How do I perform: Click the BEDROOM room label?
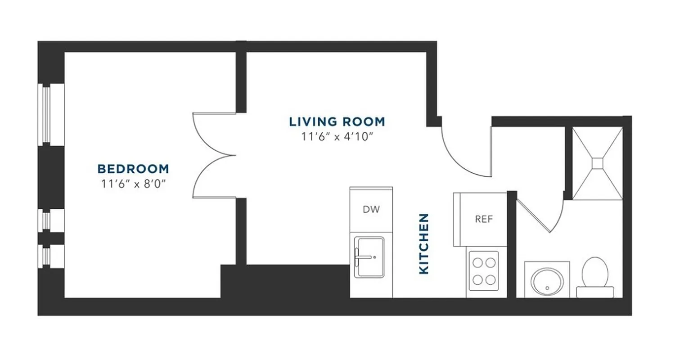(133, 169)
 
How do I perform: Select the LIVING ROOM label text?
(337, 121)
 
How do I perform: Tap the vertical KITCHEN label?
(424, 243)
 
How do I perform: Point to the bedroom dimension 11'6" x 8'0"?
(133, 183)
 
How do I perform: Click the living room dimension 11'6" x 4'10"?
(337, 137)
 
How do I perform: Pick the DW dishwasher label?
(371, 209)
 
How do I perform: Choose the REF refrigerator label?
(484, 219)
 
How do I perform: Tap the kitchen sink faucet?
(364, 257)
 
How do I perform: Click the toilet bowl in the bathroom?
(595, 271)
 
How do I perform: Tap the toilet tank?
(595, 292)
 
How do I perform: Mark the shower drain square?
(598, 163)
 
